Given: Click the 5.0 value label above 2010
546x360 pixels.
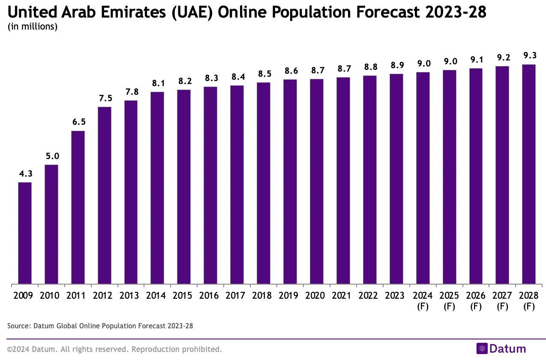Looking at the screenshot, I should pos(51,156).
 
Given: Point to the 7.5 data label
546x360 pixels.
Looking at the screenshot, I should pos(105,98).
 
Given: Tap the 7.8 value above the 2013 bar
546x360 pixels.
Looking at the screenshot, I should pos(131,92).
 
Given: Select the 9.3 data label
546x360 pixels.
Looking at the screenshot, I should pos(529,56).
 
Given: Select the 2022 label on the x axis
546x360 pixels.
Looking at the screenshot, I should pos(369,296).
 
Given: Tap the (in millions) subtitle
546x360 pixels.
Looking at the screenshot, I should pos(33,27).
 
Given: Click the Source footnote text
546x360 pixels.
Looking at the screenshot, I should pos(100,326).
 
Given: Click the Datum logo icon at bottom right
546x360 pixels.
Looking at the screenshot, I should pos(482,349).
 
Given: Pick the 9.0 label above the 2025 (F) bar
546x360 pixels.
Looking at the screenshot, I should pos(449,61).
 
